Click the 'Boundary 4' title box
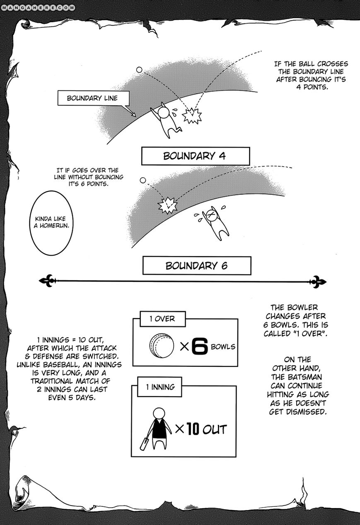pyautogui.click(x=196, y=157)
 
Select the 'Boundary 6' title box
pyautogui.click(x=196, y=266)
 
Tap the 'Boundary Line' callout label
pyautogui.click(x=92, y=98)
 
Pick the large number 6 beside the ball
pyautogui.click(x=199, y=347)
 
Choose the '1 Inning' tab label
pyautogui.click(x=160, y=387)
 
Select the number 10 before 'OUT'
pyautogui.click(x=193, y=429)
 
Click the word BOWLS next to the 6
pyautogui.click(x=223, y=346)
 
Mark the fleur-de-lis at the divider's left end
pyautogui.click(x=46, y=281)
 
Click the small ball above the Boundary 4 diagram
pyautogui.click(x=139, y=70)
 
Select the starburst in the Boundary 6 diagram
pyautogui.click(x=168, y=204)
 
